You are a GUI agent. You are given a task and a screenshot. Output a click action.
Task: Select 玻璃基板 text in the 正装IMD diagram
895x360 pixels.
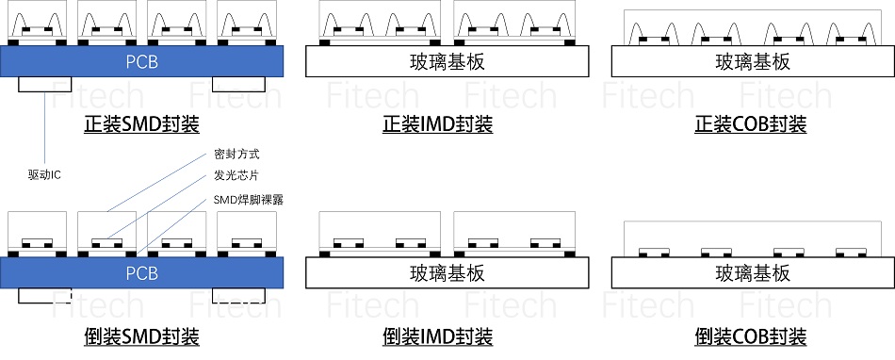coord(447,62)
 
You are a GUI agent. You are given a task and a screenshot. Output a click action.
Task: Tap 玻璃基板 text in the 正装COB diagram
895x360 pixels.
coord(752,62)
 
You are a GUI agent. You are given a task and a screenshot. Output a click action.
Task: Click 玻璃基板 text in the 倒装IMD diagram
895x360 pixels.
coord(447,273)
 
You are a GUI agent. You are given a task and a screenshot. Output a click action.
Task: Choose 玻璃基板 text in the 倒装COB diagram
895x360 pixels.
coord(752,273)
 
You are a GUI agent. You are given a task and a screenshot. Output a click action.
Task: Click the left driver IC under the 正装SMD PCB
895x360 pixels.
coord(44,84)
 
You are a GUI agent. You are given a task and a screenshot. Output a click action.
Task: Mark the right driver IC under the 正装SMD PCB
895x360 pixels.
coord(239,84)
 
